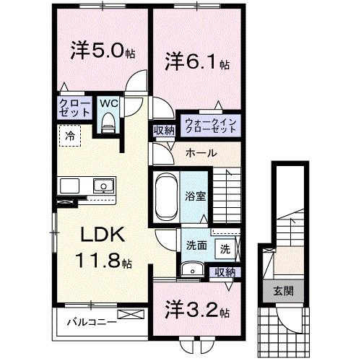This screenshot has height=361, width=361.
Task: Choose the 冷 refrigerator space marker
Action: click(70, 135)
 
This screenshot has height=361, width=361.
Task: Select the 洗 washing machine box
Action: click(225, 249)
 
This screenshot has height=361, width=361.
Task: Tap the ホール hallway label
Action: click(199, 153)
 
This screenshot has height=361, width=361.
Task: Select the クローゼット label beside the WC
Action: click(74, 108)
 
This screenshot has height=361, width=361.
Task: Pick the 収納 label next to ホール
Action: click(162, 130)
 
